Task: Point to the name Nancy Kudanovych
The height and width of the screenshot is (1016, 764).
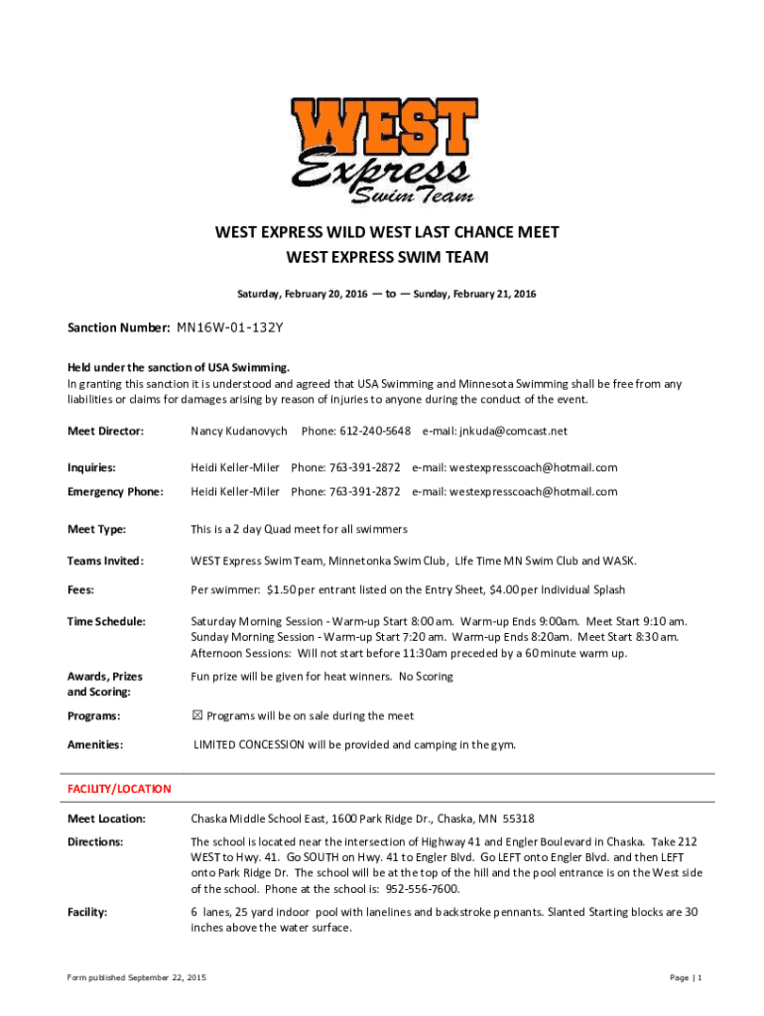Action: tap(239, 431)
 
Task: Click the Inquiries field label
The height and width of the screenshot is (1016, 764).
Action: tap(91, 467)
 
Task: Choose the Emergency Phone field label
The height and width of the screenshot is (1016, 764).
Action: tap(114, 491)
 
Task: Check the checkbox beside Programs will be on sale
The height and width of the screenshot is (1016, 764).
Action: tap(196, 715)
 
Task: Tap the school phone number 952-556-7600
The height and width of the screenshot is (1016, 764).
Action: tap(424, 888)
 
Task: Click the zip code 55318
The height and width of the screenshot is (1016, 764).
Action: tap(518, 819)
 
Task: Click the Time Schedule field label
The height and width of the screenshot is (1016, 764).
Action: tap(106, 621)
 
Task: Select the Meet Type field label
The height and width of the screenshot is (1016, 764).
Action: tap(96, 529)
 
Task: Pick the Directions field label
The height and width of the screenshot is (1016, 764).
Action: tap(95, 841)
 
